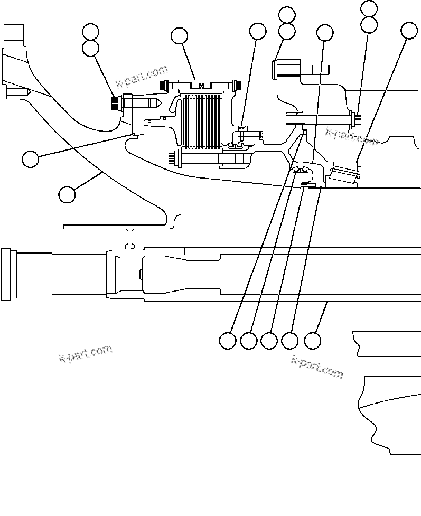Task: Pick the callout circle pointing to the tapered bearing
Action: (409, 31)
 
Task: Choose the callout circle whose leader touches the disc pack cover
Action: (180, 35)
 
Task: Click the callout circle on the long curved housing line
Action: (67, 194)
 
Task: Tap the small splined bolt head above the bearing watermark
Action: (357, 119)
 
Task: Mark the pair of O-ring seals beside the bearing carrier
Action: (301, 170)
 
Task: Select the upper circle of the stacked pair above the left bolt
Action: (91, 31)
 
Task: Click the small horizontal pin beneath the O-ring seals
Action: (305, 184)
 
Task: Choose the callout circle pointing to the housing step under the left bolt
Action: (31, 158)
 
